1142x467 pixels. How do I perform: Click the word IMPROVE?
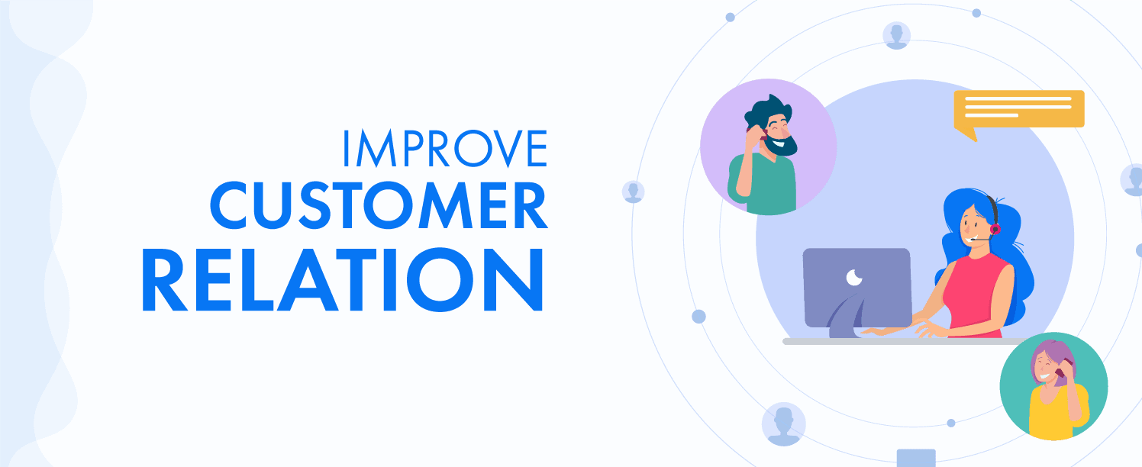point(445,148)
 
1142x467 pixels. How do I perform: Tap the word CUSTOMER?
point(379,205)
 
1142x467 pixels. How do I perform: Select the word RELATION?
point(342,279)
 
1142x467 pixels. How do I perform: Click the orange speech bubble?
point(1018,112)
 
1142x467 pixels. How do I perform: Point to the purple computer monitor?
point(857,288)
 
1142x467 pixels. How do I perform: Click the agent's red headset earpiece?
point(995,229)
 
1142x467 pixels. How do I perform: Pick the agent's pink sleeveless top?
point(975,296)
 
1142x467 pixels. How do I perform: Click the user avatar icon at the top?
point(896,36)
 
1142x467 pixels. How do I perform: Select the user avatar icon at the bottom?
point(783,424)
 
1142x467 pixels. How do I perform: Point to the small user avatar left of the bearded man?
point(633,192)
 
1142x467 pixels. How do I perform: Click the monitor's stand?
point(847,319)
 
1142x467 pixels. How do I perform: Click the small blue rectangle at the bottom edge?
point(916,458)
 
